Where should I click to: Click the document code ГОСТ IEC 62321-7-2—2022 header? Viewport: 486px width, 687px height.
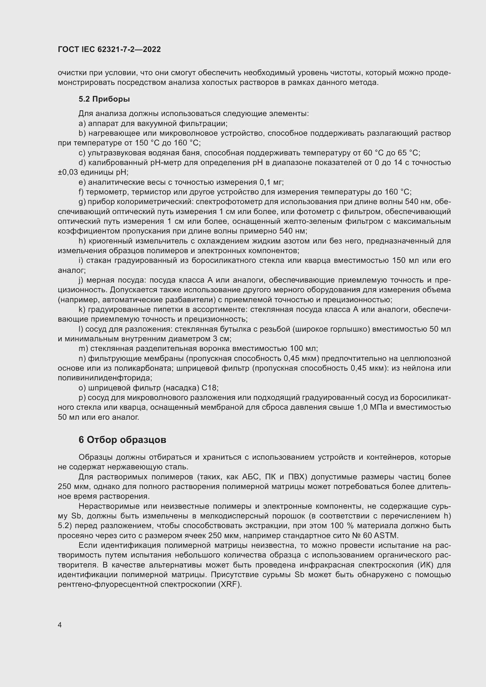[x=109, y=49]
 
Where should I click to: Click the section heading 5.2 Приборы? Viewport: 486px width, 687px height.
[x=104, y=99]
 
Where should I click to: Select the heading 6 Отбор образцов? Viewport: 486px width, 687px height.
[x=123, y=440]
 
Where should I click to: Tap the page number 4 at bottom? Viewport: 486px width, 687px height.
[x=60, y=625]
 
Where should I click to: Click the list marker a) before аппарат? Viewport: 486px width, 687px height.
[x=82, y=124]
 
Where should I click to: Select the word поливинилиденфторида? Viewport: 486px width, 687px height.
[x=105, y=378]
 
